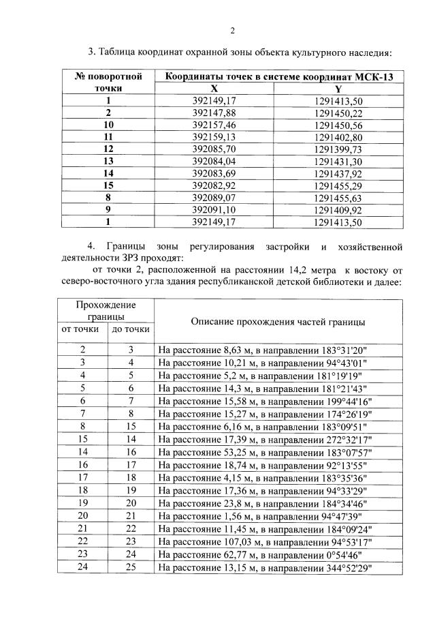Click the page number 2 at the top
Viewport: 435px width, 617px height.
pos(232,30)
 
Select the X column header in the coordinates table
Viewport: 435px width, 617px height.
pos(214,89)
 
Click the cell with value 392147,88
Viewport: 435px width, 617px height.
pos(214,112)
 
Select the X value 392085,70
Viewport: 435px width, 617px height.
pos(214,149)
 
